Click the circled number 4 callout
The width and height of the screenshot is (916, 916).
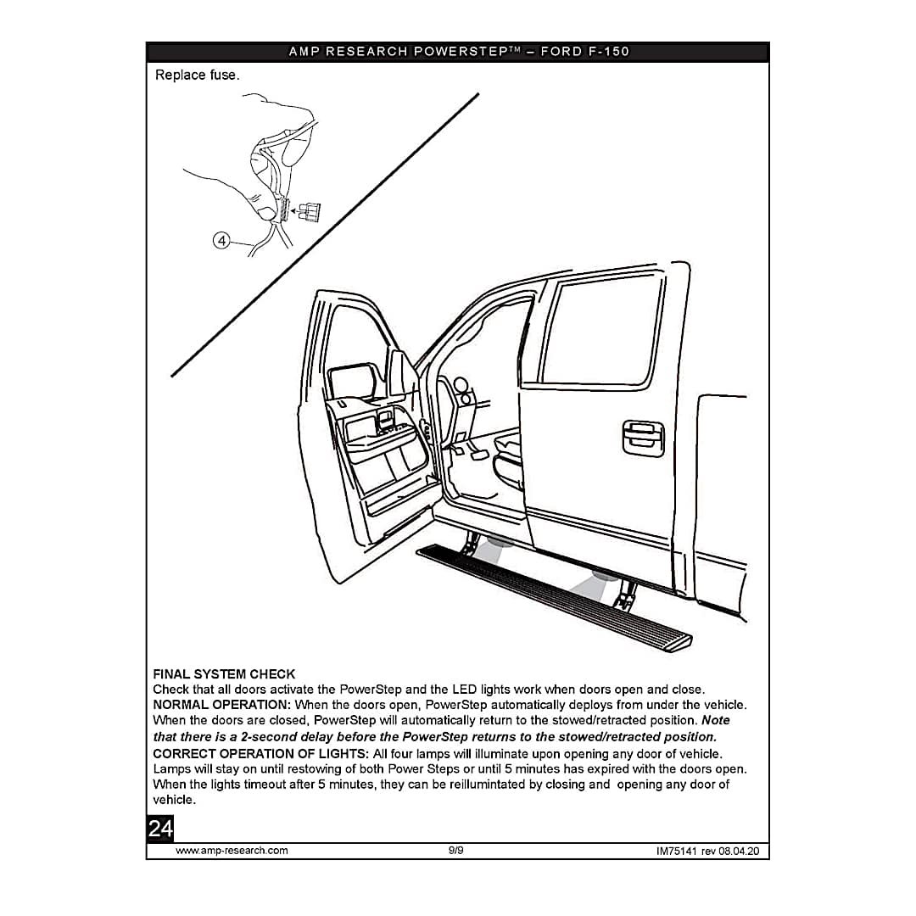coord(221,241)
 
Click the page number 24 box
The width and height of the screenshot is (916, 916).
coord(160,829)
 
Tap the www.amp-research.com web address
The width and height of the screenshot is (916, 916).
coord(232,851)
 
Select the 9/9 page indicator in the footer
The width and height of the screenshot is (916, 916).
coord(456,851)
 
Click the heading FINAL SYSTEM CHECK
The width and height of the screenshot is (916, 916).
coord(224,674)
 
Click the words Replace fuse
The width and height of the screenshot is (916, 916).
coord(197,75)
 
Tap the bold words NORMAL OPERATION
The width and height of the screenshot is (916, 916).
coord(221,705)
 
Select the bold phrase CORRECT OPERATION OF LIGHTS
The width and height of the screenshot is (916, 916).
coord(260,753)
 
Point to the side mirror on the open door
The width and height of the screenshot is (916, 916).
coord(354,382)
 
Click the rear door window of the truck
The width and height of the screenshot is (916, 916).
coord(605,332)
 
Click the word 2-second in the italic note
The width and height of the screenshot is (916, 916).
coord(276,736)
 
